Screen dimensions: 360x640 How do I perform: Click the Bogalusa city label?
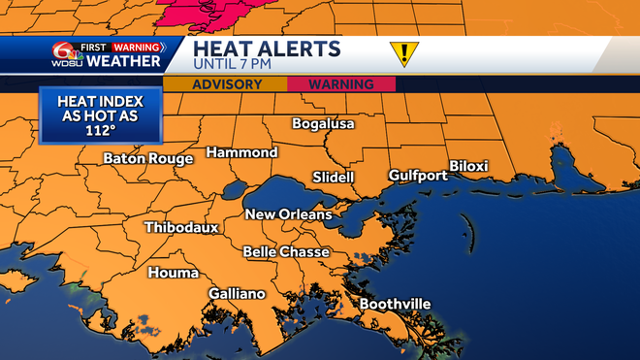[324, 124]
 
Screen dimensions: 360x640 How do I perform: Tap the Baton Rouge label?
[148, 158]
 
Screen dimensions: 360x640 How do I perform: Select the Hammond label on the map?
[241, 152]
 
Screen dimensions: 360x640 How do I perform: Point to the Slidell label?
[334, 178]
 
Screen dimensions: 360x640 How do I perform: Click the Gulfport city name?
[417, 176]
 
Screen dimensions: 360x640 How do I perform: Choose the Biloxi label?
[468, 166]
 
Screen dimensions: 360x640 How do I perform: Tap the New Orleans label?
[288, 214]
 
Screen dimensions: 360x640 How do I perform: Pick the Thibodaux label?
[181, 228]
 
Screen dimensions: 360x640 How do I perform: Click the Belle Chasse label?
[286, 252]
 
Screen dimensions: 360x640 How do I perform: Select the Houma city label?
[173, 273]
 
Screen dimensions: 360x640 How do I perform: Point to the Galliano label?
[238, 294]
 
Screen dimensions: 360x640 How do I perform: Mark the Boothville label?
[395, 305]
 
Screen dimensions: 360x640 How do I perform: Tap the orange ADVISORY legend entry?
[227, 84]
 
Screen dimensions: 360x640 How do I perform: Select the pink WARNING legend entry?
[341, 84]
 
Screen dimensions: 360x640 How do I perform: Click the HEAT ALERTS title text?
[266, 49]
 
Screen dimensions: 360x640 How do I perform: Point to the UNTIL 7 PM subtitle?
[234, 65]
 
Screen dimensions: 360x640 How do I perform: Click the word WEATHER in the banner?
[123, 62]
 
